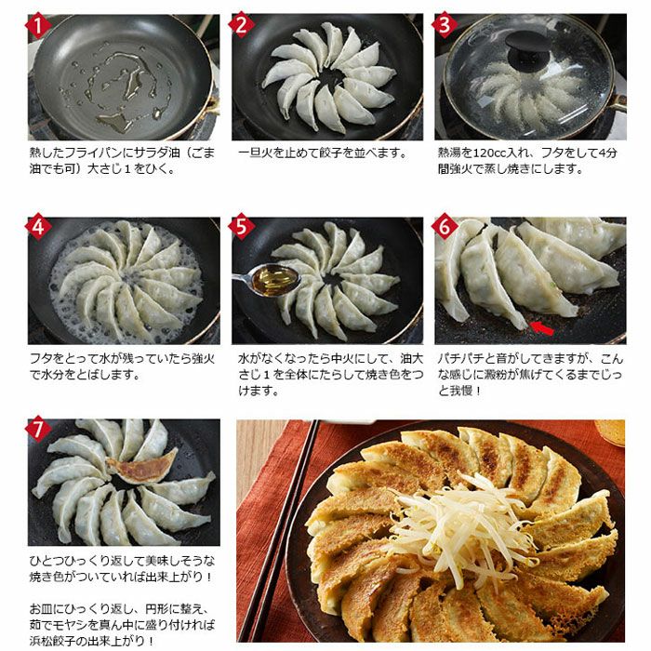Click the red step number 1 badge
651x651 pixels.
tap(38, 25)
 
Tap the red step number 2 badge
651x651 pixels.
tap(242, 24)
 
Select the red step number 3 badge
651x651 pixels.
tap(445, 24)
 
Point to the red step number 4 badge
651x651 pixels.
tap(38, 227)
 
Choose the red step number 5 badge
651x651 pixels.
tap(242, 227)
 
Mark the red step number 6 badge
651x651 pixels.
tap(445, 227)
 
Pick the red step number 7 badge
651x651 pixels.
tap(38, 429)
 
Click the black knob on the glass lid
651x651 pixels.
tap(527, 43)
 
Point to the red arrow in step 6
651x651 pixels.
tap(542, 328)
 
